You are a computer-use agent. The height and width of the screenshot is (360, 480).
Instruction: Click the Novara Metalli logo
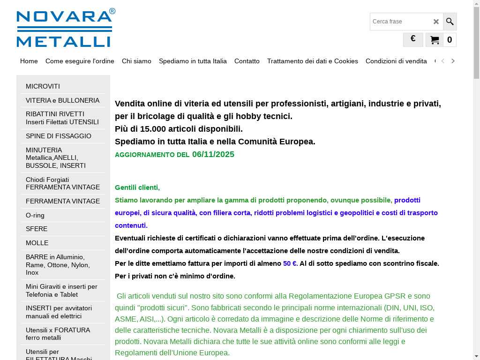[66, 28]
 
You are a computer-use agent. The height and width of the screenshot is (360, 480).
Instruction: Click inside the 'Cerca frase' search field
[399, 22]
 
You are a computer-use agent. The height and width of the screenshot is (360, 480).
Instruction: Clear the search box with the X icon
[436, 22]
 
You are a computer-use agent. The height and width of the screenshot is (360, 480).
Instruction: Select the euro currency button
[413, 39]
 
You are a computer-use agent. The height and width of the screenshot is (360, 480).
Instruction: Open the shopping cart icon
[435, 40]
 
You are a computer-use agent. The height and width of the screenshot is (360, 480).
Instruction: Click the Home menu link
[29, 61]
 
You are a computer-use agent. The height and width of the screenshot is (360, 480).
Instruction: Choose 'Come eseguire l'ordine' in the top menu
[80, 61]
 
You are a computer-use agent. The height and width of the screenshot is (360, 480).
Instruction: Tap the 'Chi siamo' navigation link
[136, 61]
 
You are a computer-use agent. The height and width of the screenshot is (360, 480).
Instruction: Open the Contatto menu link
[247, 61]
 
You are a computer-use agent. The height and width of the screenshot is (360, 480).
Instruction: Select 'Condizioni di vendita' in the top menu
[396, 61]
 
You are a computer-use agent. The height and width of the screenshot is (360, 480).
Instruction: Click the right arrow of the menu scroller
[453, 61]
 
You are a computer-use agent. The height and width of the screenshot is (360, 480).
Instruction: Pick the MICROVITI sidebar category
[43, 86]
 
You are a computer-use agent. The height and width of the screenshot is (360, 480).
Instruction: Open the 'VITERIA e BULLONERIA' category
[62, 100]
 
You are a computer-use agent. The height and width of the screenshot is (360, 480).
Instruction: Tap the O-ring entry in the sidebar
[35, 215]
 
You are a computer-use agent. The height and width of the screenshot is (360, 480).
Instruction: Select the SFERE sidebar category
[37, 229]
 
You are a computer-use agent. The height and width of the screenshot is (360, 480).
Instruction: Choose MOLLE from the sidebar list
[37, 243]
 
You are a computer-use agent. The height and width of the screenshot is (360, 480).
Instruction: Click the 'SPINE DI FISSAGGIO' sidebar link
[59, 136]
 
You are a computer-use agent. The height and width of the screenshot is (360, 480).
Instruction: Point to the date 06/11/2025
[213, 154]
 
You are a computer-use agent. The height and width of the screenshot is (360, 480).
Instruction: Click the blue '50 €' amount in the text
[290, 263]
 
